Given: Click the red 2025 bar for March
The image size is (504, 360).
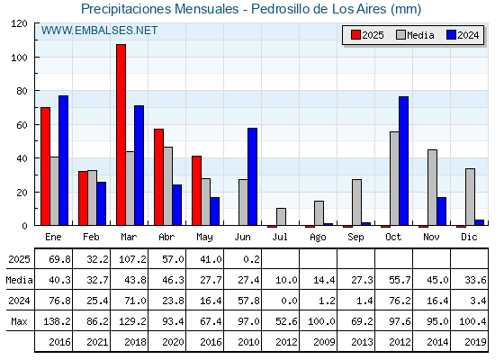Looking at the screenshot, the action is [x=121, y=135].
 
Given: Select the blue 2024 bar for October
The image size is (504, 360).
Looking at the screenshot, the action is [x=404, y=161].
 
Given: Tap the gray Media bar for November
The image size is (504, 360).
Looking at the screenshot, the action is [x=432, y=187].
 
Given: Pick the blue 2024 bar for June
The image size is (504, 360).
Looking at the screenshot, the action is [x=253, y=176].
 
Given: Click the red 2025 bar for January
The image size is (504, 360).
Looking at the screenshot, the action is [x=46, y=166].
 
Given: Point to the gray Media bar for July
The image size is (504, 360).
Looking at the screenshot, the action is [x=281, y=217].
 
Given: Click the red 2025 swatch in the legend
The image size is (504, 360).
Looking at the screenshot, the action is [x=355, y=35].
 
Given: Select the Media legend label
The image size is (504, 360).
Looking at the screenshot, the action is [x=420, y=35].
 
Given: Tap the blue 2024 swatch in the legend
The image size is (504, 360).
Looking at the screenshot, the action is [x=451, y=35].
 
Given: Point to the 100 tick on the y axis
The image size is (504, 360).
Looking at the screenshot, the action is [x=36, y=58].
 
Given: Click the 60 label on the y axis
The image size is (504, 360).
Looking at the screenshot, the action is [x=22, y=125].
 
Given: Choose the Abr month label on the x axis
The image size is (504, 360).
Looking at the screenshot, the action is [x=166, y=238].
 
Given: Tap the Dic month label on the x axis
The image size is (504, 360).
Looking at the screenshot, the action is [x=469, y=238].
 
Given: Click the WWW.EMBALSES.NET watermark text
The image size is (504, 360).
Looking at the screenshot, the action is [x=99, y=31].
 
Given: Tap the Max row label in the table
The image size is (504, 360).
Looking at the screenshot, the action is [x=19, y=321].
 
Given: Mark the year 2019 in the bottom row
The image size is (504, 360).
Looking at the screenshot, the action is [x=475, y=342].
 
